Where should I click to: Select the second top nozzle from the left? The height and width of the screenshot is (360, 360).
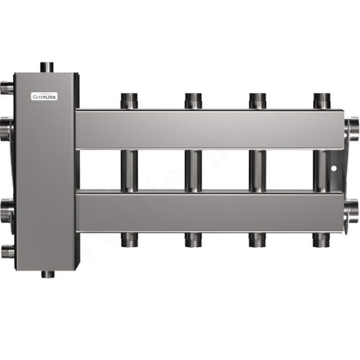click(x=192, y=100)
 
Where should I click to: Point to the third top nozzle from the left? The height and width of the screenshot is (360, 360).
click(x=256, y=100)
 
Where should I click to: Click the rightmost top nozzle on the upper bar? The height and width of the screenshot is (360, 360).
click(x=320, y=100)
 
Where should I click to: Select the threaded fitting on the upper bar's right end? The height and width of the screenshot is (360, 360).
click(x=353, y=129)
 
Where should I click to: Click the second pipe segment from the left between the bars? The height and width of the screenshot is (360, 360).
click(x=192, y=170)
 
